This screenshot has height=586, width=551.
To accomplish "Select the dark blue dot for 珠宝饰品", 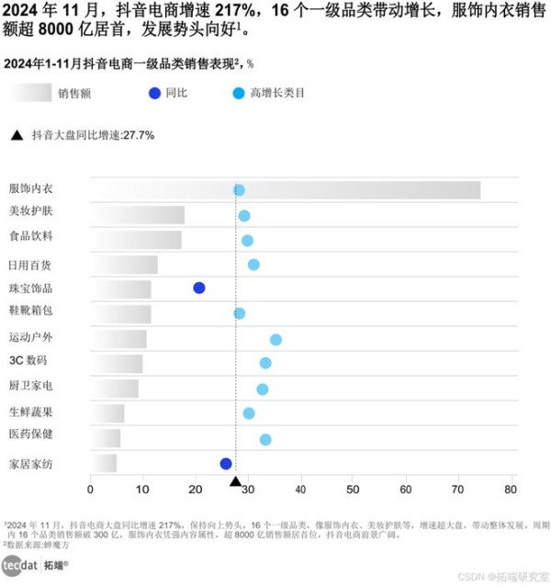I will click(x=199, y=287).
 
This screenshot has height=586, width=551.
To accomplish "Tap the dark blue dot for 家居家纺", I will click(x=226, y=464).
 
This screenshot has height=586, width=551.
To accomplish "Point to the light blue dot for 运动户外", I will click(x=275, y=340).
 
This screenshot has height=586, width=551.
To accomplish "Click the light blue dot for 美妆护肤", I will click(x=244, y=216).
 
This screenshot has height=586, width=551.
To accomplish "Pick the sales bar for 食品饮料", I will click(x=136, y=240).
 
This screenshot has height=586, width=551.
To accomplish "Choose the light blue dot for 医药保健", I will click(x=265, y=440).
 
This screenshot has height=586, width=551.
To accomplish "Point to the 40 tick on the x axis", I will click(x=300, y=489).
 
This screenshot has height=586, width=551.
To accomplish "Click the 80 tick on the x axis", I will click(x=511, y=489).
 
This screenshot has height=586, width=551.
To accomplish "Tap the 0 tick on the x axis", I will click(x=90, y=489).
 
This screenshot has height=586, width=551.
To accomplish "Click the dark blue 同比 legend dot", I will click(x=153, y=93).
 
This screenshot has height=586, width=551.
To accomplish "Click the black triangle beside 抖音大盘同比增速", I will click(x=17, y=135).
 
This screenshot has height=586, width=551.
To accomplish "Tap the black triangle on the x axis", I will click(x=235, y=481).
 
